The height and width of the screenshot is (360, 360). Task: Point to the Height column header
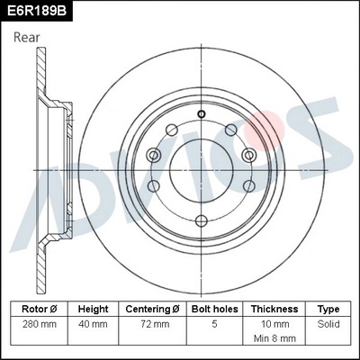pyautogui.click(x=93, y=308)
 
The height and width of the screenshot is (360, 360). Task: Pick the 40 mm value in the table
pyautogui.click(x=93, y=322)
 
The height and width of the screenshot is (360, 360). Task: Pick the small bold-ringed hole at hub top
pyautogui.click(x=201, y=114)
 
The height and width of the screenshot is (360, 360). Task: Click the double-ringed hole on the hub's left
pyautogui.click(x=154, y=156)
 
